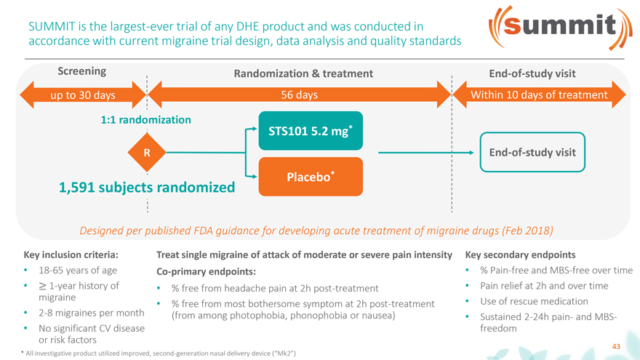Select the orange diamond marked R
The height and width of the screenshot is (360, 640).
click(147, 153)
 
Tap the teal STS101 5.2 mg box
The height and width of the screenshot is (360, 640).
click(311, 131)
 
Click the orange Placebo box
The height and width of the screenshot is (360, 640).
click(311, 177)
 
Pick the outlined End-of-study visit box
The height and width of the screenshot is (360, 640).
click(532, 152)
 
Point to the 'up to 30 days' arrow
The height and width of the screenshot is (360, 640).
click(83, 95)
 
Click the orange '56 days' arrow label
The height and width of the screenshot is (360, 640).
click(299, 95)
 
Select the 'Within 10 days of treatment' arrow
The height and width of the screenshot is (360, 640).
click(539, 95)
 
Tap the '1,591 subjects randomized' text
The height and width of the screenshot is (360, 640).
click(147, 188)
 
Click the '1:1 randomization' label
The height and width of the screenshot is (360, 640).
click(145, 119)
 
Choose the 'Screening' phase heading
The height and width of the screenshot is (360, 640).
click(81, 71)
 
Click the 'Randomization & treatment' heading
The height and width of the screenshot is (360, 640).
click(303, 73)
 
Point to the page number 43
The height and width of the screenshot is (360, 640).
click(616, 346)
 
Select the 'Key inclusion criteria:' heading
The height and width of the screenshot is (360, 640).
click(71, 255)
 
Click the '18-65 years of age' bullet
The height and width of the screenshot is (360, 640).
click(78, 271)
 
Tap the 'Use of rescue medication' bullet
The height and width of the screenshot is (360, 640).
click(534, 301)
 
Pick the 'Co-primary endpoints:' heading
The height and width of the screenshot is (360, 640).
click(206, 272)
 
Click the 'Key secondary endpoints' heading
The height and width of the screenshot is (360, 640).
click(521, 255)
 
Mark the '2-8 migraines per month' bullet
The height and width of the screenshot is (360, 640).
click(92, 313)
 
